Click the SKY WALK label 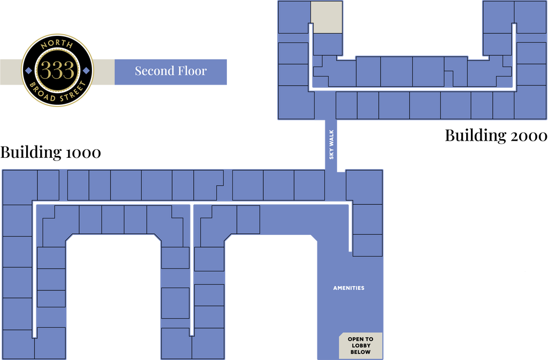[x=331, y=144]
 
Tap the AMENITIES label [x=349, y=288]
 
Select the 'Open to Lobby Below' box [x=361, y=346]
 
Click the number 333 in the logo [x=57, y=70]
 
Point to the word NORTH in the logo [x=57, y=44]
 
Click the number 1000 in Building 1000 [x=83, y=152]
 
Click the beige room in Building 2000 [x=326, y=17]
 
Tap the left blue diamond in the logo [x=29, y=71]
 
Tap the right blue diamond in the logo [x=86, y=71]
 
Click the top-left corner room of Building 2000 [x=294, y=17]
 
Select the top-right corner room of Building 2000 [x=530, y=17]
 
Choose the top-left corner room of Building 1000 [x=20, y=188]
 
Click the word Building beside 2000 [x=475, y=136]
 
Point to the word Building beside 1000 [x=31, y=152]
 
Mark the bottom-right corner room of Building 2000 [x=530, y=102]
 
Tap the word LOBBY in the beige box [x=361, y=346]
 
